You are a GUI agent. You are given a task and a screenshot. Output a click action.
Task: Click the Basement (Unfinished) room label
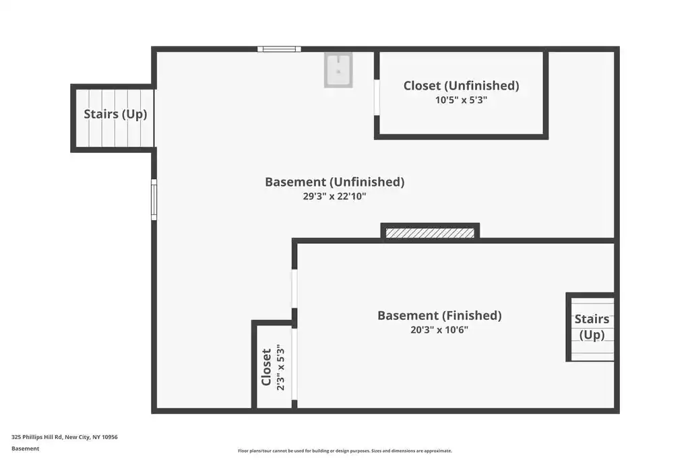click(x=334, y=182)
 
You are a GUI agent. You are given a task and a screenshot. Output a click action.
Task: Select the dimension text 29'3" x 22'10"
click(x=334, y=196)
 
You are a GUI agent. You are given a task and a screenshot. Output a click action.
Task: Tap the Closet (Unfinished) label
click(x=461, y=86)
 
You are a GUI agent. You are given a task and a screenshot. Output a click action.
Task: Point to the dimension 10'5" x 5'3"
click(x=461, y=100)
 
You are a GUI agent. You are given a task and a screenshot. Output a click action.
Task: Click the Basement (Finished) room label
click(x=439, y=316)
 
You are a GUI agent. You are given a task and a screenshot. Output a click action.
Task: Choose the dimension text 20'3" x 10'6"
click(x=439, y=330)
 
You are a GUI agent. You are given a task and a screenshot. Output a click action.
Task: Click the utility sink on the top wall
click(x=338, y=70)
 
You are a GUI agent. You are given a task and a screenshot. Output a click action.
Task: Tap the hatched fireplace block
click(x=430, y=232)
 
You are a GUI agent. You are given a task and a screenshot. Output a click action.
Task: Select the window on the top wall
click(x=280, y=48)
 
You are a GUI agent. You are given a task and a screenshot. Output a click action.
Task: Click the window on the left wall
click(x=154, y=199)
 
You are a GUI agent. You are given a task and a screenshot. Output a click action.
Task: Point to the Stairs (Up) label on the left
click(x=115, y=114)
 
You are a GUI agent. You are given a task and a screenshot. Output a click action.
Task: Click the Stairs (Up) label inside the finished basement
click(x=592, y=327)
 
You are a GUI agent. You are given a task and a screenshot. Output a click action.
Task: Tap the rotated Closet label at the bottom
click(x=266, y=367)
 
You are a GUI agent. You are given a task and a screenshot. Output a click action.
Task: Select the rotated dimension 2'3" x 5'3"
click(x=281, y=367)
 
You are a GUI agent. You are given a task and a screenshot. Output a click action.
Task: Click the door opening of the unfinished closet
click(x=377, y=97)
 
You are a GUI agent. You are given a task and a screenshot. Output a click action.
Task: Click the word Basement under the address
click(x=25, y=449)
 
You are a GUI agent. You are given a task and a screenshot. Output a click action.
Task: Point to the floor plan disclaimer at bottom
click(x=345, y=451)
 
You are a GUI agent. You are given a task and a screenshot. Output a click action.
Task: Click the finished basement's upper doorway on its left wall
click(x=294, y=289)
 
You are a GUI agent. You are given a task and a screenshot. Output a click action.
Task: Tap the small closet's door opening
click(x=294, y=364)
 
